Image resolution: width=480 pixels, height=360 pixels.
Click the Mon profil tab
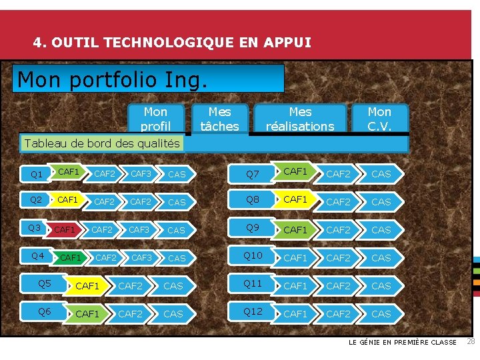pyautogui.click(x=155, y=119)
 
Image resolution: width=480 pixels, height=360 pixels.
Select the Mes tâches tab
pyautogui.click(x=219, y=119)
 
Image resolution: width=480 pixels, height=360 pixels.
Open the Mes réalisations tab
pyautogui.click(x=300, y=119)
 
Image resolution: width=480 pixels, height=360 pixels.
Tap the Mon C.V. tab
pyautogui.click(x=379, y=119)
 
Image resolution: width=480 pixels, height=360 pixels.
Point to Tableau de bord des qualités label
pyautogui.click(x=102, y=143)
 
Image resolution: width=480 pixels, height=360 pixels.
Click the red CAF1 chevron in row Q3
pyautogui.click(x=65, y=230)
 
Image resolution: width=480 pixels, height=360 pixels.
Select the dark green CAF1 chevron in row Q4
pyautogui.click(x=71, y=257)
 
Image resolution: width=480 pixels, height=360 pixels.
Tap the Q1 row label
pyautogui.click(x=37, y=175)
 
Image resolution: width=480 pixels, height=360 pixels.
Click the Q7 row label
pyautogui.click(x=253, y=175)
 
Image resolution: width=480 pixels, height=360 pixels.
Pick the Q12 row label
pyautogui.click(x=253, y=311)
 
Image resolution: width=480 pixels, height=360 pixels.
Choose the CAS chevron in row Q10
pyautogui.click(x=381, y=257)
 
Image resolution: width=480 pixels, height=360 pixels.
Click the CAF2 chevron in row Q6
pyautogui.click(x=130, y=313)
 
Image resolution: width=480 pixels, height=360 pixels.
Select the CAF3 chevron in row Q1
pyautogui.click(x=141, y=174)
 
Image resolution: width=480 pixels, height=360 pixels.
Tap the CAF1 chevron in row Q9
pyautogui.click(x=295, y=230)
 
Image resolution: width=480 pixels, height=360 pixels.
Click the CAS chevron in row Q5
pyautogui.click(x=173, y=286)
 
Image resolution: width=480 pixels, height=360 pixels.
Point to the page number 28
pyautogui.click(x=470, y=342)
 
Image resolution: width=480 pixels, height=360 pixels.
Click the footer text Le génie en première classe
pyautogui.click(x=403, y=343)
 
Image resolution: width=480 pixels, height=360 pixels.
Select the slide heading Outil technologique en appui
pyautogui.click(x=172, y=43)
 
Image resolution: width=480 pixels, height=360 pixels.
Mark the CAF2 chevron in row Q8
pyautogui.click(x=338, y=202)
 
